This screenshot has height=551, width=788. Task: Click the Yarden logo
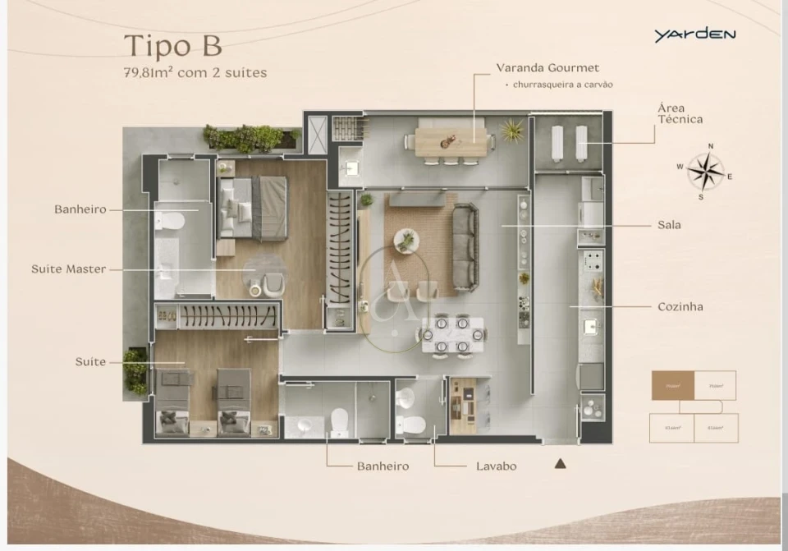tap(694, 34)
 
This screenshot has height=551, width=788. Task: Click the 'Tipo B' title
tap(172, 44)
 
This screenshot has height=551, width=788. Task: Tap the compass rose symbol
tap(705, 172)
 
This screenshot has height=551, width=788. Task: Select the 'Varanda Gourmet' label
tap(547, 68)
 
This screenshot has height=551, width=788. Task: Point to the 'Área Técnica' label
tap(680, 113)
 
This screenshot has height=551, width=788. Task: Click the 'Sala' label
tap(669, 224)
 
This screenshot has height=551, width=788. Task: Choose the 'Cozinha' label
tap(680, 306)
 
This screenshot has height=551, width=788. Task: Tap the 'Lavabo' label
tap(496, 466)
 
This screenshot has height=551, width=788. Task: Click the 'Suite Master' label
tap(68, 269)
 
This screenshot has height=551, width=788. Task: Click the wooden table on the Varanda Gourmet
tap(451, 141)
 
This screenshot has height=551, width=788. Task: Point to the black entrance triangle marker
tap(561, 463)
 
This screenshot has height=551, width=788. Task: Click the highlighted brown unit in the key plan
tap(672, 385)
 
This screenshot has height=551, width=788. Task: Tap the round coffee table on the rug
tap(405, 241)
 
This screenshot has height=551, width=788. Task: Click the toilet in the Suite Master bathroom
tap(171, 221)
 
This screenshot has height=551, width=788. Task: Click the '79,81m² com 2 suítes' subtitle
tap(195, 72)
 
